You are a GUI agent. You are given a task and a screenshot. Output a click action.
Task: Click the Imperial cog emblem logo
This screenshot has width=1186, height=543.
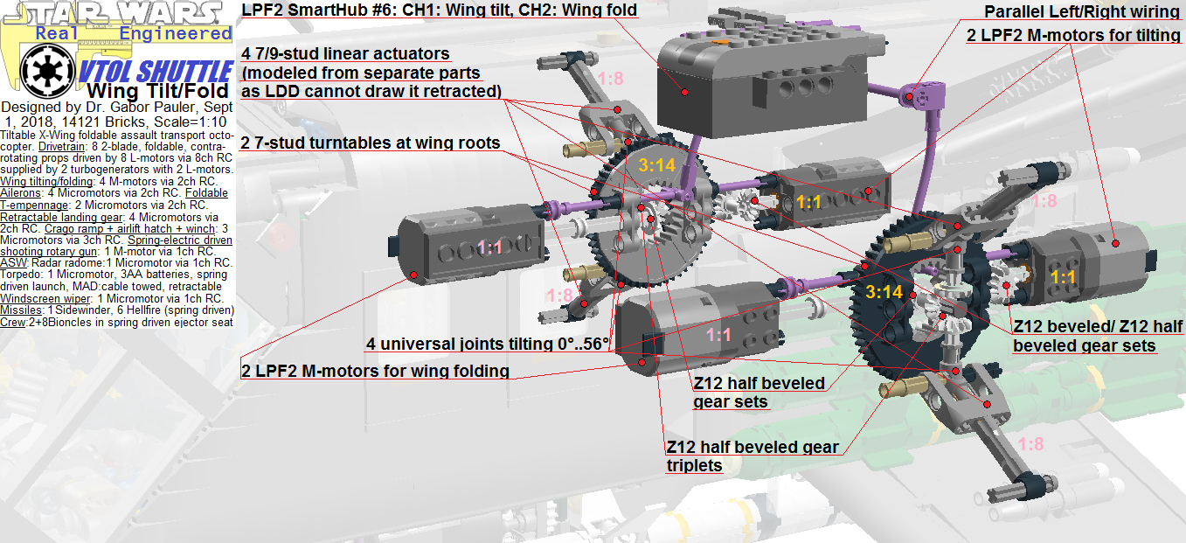click(x=47, y=71)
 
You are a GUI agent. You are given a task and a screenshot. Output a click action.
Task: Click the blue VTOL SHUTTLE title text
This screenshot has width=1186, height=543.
click(x=156, y=72)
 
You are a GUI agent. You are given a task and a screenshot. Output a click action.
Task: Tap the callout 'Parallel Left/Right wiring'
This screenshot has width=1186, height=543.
click(x=1082, y=11)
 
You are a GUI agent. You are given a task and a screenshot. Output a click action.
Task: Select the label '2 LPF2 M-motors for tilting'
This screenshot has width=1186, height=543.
click(x=1073, y=35)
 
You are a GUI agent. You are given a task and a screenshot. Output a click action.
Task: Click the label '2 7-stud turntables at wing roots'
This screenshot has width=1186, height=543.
click(x=370, y=143)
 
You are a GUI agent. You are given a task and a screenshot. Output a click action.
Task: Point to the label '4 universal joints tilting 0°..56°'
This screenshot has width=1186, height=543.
click(x=487, y=344)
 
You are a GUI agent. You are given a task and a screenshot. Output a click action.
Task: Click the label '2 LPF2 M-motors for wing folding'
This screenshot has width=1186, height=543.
click(x=375, y=371)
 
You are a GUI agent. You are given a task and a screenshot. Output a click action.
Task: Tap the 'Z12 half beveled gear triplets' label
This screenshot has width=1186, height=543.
click(x=753, y=456)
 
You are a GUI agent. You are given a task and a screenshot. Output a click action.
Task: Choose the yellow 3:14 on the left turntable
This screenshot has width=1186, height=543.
click(x=656, y=165)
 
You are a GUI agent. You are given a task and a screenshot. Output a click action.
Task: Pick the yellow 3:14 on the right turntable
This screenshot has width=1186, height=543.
click(x=884, y=292)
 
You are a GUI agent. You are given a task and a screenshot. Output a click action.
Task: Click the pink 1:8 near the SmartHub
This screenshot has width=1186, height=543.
click(x=610, y=79)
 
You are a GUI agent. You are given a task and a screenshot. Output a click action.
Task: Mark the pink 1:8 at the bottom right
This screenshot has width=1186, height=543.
click(x=1030, y=444)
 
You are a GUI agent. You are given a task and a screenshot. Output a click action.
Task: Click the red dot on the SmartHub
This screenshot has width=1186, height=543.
click(x=684, y=92)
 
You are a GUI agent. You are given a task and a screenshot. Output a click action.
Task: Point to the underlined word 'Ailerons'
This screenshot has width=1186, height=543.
click(x=21, y=193)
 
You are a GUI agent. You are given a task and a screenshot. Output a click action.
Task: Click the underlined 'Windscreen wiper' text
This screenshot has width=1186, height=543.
click(x=45, y=298)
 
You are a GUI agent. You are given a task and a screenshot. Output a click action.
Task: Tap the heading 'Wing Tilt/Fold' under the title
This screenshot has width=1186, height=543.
click(x=158, y=91)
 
